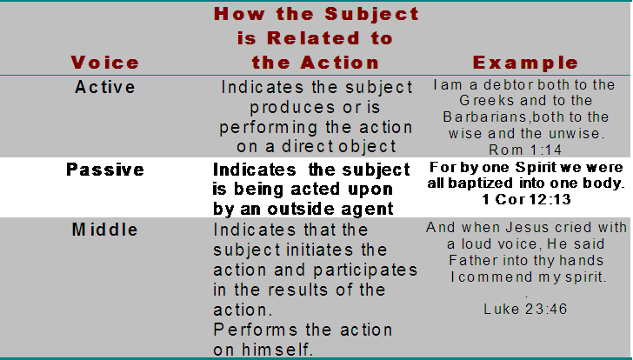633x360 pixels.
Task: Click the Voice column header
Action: coord(105,63)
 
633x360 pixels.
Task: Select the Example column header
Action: coord(525,63)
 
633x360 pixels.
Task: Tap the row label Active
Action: coord(105,87)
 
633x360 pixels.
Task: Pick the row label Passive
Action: coord(105,170)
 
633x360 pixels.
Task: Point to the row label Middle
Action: coord(105,230)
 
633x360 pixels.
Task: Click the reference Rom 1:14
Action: coord(525,150)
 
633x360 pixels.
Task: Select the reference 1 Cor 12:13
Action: coord(526,199)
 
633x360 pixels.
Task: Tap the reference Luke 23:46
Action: coord(525,310)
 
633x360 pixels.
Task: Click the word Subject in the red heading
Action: coord(372,15)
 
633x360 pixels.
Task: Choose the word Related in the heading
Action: coord(313,38)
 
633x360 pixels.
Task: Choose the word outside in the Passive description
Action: coord(302,209)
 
